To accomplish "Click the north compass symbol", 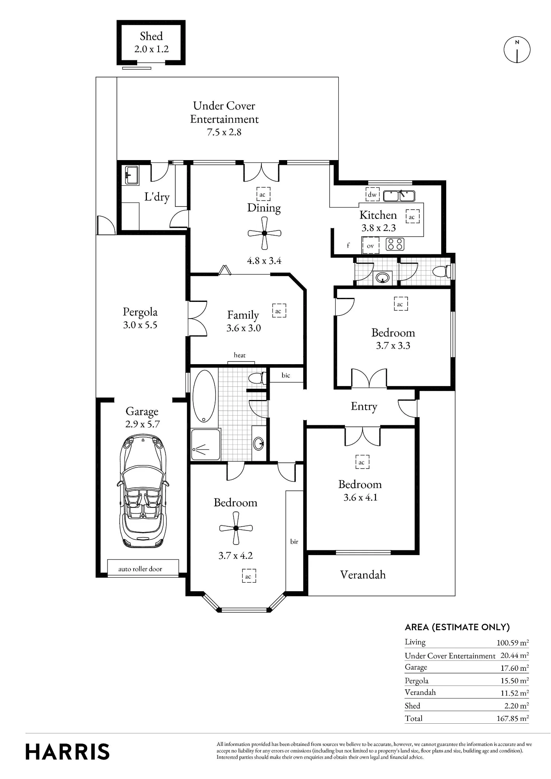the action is tap(517, 50).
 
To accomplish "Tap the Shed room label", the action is tap(151, 36).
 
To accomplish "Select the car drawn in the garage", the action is tap(143, 492).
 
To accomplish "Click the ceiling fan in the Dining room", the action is tap(264, 233).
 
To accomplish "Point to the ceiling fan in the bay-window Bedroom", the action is tap(236, 528).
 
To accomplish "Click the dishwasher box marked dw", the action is tap(372, 194).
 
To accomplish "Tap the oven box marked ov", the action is tap(370, 246).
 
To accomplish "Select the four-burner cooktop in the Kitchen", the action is tap(395, 244).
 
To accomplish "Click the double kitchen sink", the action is tap(399, 196).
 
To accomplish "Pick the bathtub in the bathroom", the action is tap(204, 396).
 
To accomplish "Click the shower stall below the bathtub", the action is tap(205, 444).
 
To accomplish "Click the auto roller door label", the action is tap(140, 569).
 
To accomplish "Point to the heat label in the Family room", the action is tap(240, 355).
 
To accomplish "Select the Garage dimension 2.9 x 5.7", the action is tap(143, 424).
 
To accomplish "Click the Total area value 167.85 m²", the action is tap(512, 718).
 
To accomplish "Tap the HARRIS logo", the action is tap(67, 752).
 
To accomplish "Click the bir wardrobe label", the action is tap(294, 541).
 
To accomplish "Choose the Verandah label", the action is tap(363, 575).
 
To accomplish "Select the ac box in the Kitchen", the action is tap(412, 217).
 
